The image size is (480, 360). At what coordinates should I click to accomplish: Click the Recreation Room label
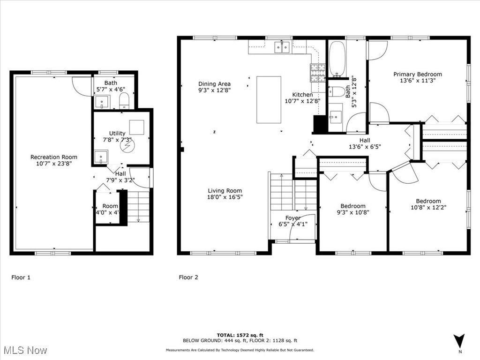click(x=54, y=157)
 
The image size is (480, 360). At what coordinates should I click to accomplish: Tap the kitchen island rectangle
click(x=269, y=100)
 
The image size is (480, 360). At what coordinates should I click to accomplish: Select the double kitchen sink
click(x=282, y=47)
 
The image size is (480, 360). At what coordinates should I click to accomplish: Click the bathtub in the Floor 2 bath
click(x=337, y=59)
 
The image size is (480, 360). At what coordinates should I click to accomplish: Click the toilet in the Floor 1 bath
click(x=124, y=100)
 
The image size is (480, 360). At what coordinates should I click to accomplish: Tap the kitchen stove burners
click(x=318, y=73)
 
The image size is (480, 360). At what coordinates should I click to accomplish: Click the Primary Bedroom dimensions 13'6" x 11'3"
click(x=418, y=81)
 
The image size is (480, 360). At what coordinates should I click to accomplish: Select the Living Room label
click(x=225, y=190)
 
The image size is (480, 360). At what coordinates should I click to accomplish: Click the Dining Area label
click(x=214, y=83)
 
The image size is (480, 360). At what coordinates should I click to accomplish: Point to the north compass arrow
click(x=459, y=341)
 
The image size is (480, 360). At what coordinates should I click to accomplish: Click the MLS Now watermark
click(x=26, y=350)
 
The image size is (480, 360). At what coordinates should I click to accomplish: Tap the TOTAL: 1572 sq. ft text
click(x=240, y=335)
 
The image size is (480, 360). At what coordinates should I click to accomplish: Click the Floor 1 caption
click(x=21, y=277)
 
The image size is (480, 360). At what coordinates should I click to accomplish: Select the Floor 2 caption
click(x=188, y=277)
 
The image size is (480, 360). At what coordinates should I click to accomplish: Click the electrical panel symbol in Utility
click(x=127, y=146)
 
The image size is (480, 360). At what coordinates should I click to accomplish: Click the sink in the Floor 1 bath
click(x=102, y=102)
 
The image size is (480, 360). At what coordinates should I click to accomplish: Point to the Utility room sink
click(x=101, y=157)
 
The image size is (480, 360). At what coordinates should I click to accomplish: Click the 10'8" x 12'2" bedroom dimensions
click(x=428, y=207)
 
